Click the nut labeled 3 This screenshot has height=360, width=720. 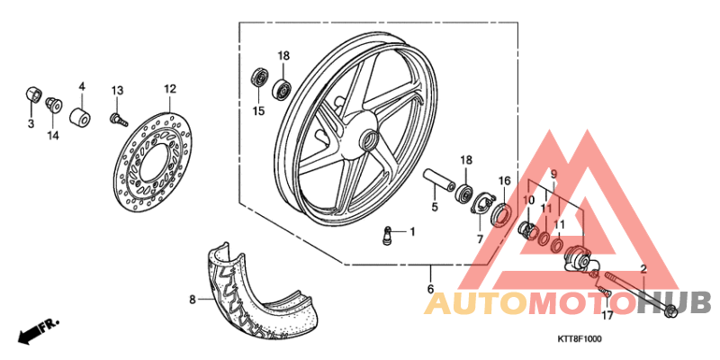point(32,94)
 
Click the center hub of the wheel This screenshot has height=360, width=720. point(367,140)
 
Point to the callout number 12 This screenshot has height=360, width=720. point(169,88)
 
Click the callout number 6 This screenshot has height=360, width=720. point(430,288)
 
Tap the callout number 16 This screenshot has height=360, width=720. point(504,181)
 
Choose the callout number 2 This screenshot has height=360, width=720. point(643,269)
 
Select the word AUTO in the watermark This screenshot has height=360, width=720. point(477,302)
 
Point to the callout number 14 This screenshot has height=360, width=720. point(53,135)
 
